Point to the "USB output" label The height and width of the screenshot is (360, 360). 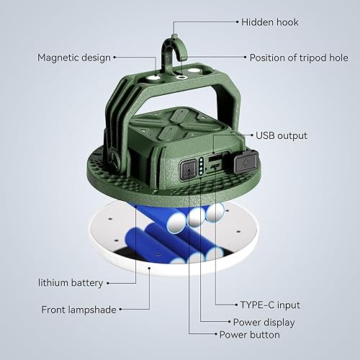point(282,135)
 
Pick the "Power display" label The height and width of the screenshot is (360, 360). point(264,322)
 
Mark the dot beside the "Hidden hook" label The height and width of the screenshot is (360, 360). point(235,22)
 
